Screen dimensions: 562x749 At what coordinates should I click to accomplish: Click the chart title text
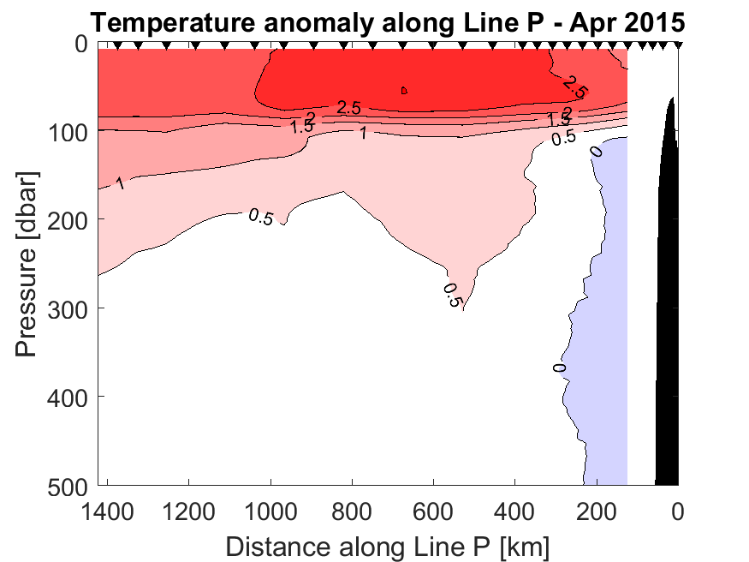[x=387, y=21]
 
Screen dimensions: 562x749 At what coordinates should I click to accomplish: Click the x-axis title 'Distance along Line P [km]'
[x=388, y=546]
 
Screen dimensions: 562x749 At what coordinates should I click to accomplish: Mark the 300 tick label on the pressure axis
[x=72, y=308]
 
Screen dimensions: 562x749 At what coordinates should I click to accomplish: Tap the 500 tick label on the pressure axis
[x=72, y=484]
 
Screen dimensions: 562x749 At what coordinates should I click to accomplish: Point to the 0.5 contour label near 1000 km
[x=260, y=217]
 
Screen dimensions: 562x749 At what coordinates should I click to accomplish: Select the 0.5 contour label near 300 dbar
[x=452, y=295]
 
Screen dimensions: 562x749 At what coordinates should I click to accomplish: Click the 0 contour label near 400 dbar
[x=560, y=368]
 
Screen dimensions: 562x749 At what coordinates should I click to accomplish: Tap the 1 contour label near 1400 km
[x=120, y=182]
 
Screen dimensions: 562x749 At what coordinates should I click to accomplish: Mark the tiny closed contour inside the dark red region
[x=404, y=89]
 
